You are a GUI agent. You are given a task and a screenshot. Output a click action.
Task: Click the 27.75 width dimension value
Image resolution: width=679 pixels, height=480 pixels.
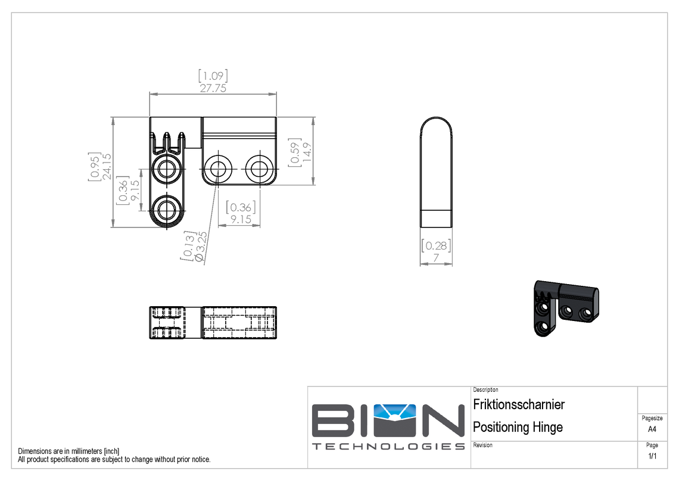pos(213,88)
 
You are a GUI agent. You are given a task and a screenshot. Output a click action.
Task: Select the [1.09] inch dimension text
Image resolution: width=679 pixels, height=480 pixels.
pos(213,76)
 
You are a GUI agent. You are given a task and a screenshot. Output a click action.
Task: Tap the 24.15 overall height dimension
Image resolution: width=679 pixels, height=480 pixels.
pos(105,169)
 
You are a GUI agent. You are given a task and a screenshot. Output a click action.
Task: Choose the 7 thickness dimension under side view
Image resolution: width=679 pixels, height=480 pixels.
pos(436,258)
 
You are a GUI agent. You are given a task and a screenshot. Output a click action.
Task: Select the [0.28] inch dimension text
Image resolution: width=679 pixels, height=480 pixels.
pos(436,245)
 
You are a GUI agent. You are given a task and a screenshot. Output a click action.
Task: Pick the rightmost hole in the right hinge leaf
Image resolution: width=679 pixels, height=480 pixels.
pos(258,169)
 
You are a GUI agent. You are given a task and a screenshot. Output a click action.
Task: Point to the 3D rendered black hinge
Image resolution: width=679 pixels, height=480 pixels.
pos(564,307)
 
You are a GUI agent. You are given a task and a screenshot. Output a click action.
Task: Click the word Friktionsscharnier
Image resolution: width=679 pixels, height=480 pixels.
pos(518,405)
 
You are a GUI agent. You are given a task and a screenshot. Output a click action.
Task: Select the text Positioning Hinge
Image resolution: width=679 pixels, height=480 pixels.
pos(517,427)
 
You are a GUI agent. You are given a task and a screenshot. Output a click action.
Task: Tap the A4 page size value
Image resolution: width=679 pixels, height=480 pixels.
pos(652,429)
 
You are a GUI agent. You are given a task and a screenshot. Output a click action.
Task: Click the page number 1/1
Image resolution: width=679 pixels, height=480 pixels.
pos(652,456)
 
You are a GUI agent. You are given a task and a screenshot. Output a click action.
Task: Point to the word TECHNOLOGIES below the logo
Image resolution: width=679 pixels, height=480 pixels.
pos(388,447)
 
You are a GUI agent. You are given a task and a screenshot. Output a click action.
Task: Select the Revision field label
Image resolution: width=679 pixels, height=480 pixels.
pos(482,445)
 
